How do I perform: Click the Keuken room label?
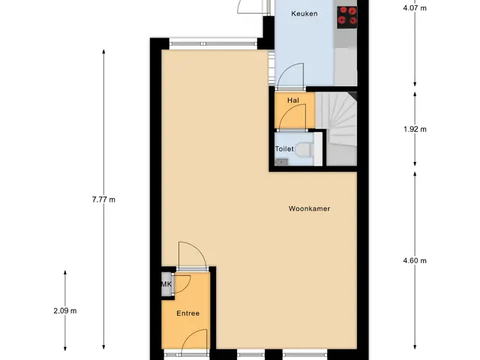pyautogui.click(x=304, y=13)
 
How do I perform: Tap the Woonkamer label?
pyautogui.click(x=309, y=208)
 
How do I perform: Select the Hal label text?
pyautogui.click(x=293, y=100)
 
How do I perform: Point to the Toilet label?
pyautogui.click(x=284, y=148)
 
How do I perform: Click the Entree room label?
pyautogui.click(x=188, y=313)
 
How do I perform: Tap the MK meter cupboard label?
pyautogui.click(x=166, y=284)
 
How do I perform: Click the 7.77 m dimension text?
pyautogui.click(x=103, y=199)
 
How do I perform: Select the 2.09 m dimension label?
pyautogui.click(x=65, y=310)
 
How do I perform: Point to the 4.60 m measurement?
pyautogui.click(x=415, y=260)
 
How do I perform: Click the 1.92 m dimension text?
pyautogui.click(x=415, y=129)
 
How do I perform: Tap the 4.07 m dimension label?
pyautogui.click(x=415, y=8)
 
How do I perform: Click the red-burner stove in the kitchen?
pyautogui.click(x=347, y=17)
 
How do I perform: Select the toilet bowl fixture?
pyautogui.click(x=305, y=149)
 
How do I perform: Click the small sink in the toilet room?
pyautogui.click(x=281, y=162)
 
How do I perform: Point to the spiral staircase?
pyautogui.click(x=337, y=129)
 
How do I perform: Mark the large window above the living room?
pyautogui.click(x=213, y=43)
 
